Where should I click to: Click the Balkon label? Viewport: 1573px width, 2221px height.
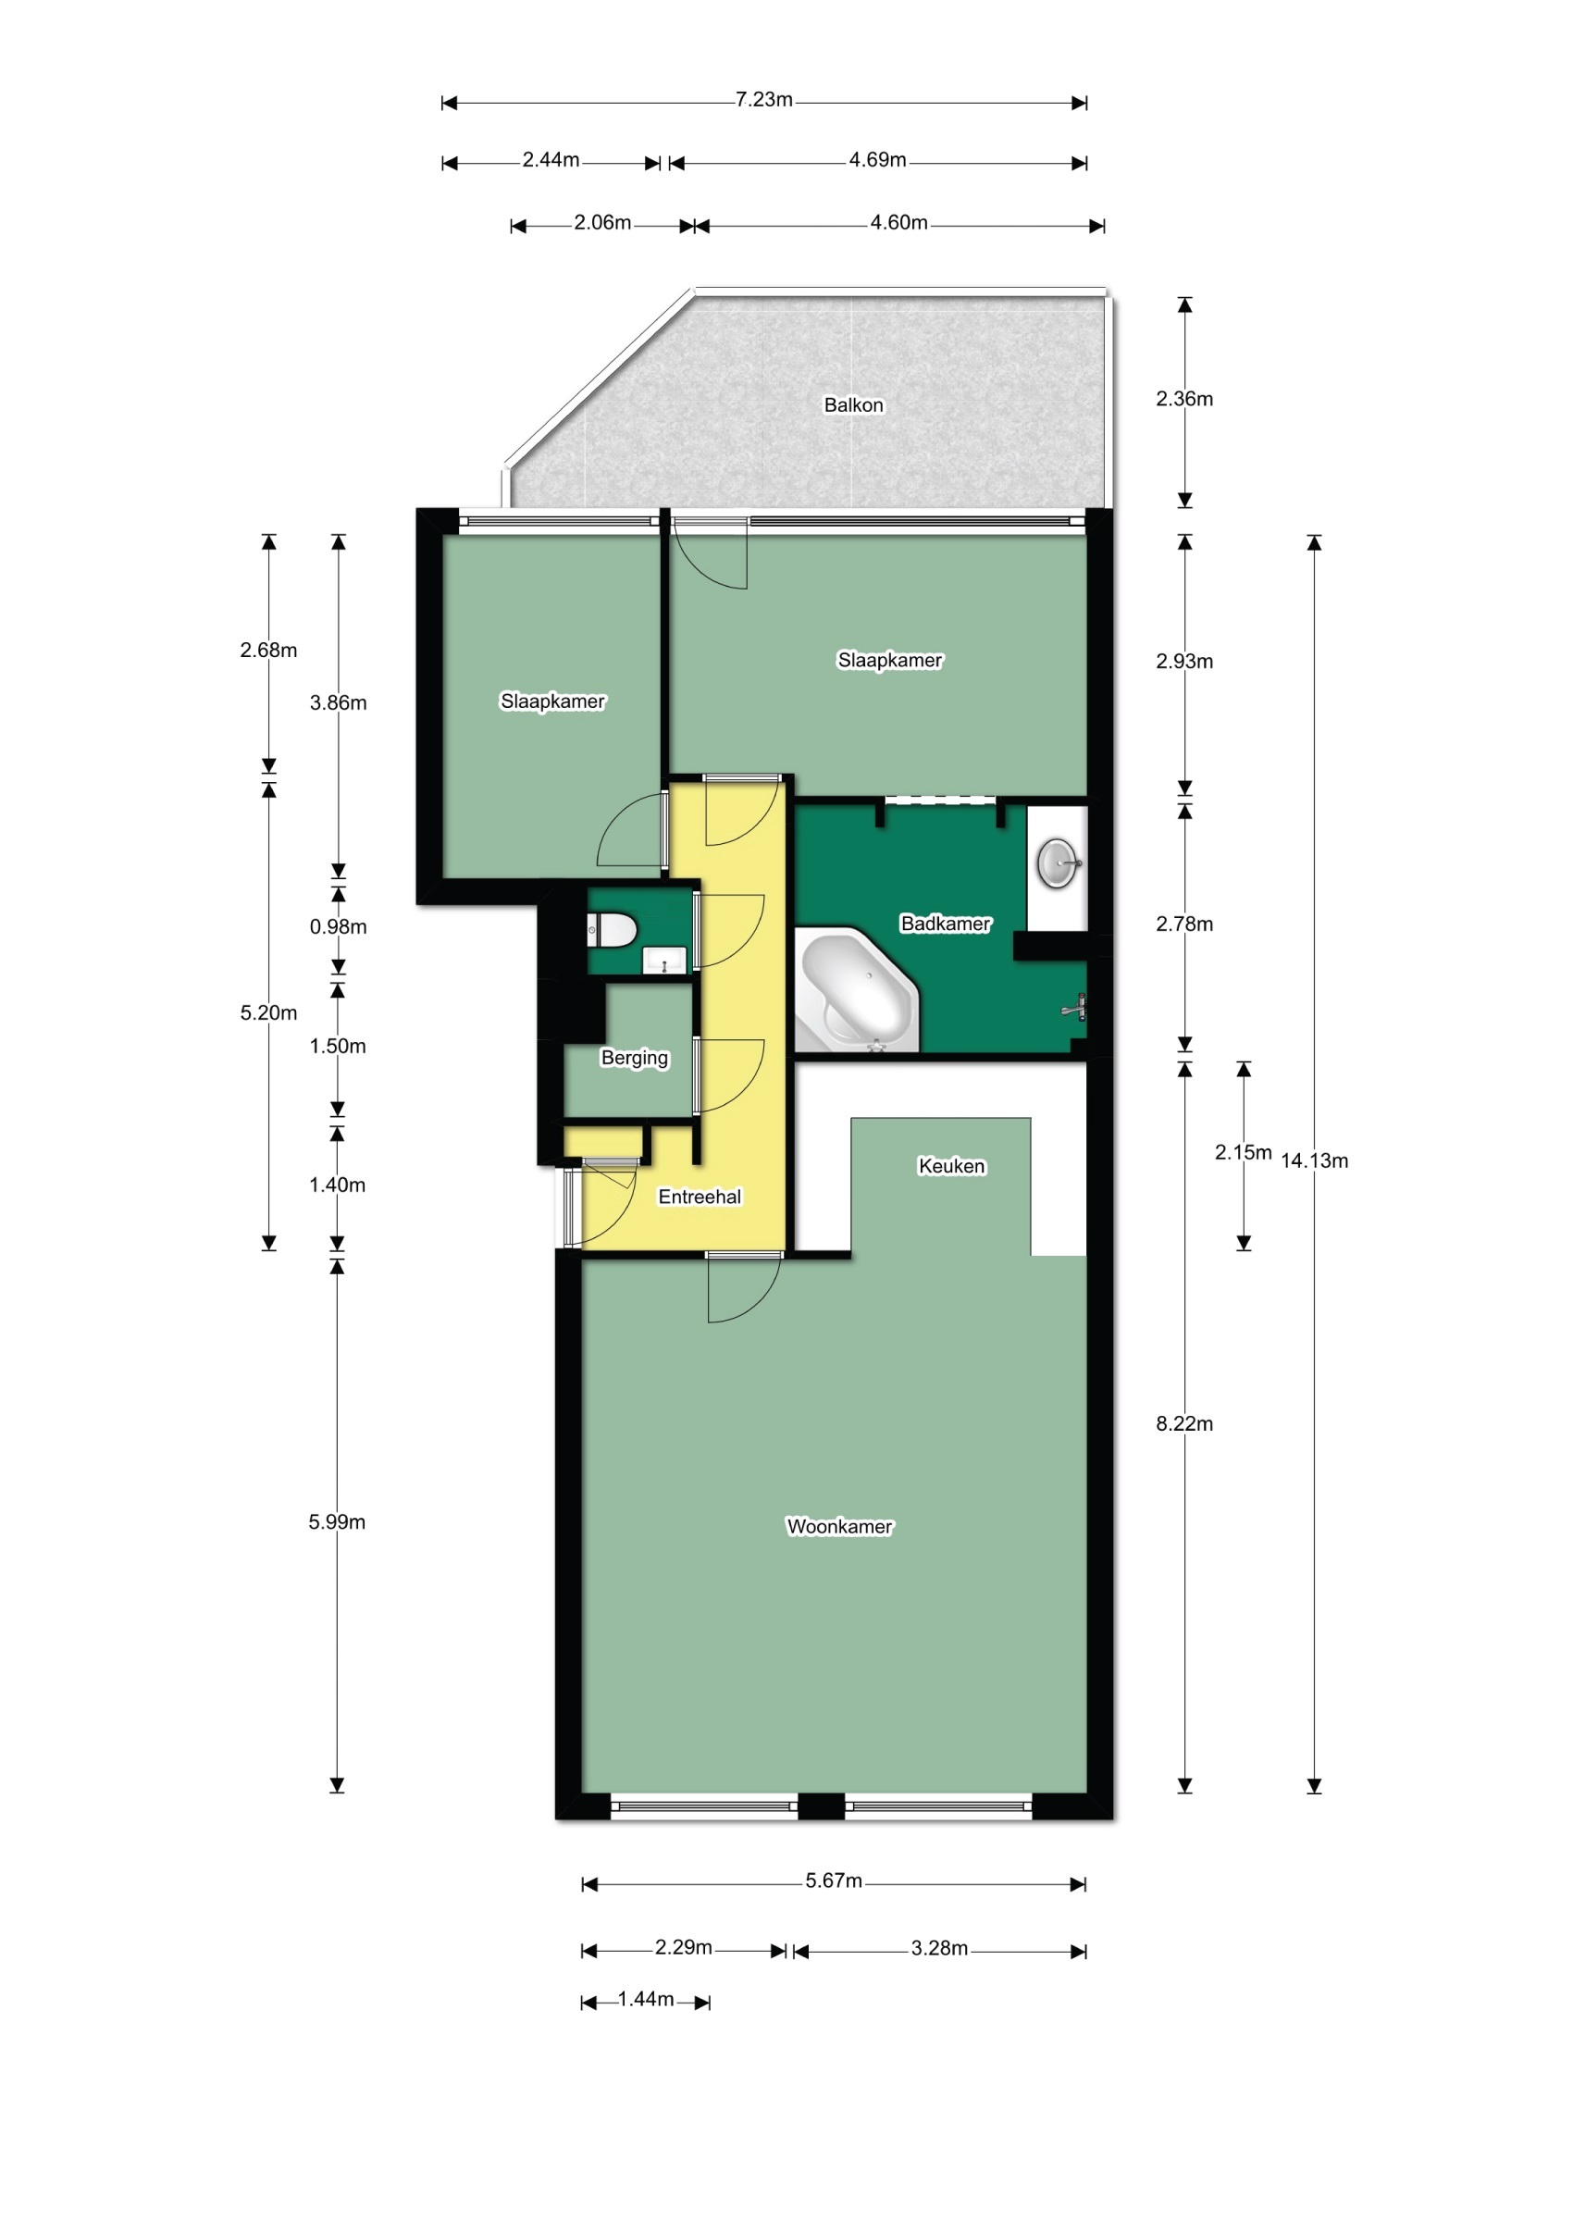[x=853, y=405]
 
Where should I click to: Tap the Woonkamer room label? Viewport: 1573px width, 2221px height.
[x=839, y=1527]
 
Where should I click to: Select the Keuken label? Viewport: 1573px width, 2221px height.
[x=951, y=1166]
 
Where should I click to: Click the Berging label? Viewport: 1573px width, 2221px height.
[x=635, y=1058]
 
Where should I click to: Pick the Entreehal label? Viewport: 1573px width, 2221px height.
[x=700, y=1197]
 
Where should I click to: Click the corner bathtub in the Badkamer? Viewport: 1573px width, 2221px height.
[x=856, y=990]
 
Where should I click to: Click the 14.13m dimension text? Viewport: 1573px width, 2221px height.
[x=1315, y=1160]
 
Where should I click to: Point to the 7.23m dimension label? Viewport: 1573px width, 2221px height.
[x=763, y=100]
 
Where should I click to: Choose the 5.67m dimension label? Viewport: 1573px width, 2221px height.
[x=833, y=1880]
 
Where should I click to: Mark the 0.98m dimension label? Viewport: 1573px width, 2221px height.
[x=338, y=926]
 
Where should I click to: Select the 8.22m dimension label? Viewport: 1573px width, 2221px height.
[x=1183, y=1423]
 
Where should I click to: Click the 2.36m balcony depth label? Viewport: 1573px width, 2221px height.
[x=1183, y=398]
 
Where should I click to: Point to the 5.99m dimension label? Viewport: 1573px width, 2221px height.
[x=337, y=1521]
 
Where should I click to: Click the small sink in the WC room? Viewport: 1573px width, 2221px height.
[x=664, y=961]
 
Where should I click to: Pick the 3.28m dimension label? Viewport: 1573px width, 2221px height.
[x=938, y=1948]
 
